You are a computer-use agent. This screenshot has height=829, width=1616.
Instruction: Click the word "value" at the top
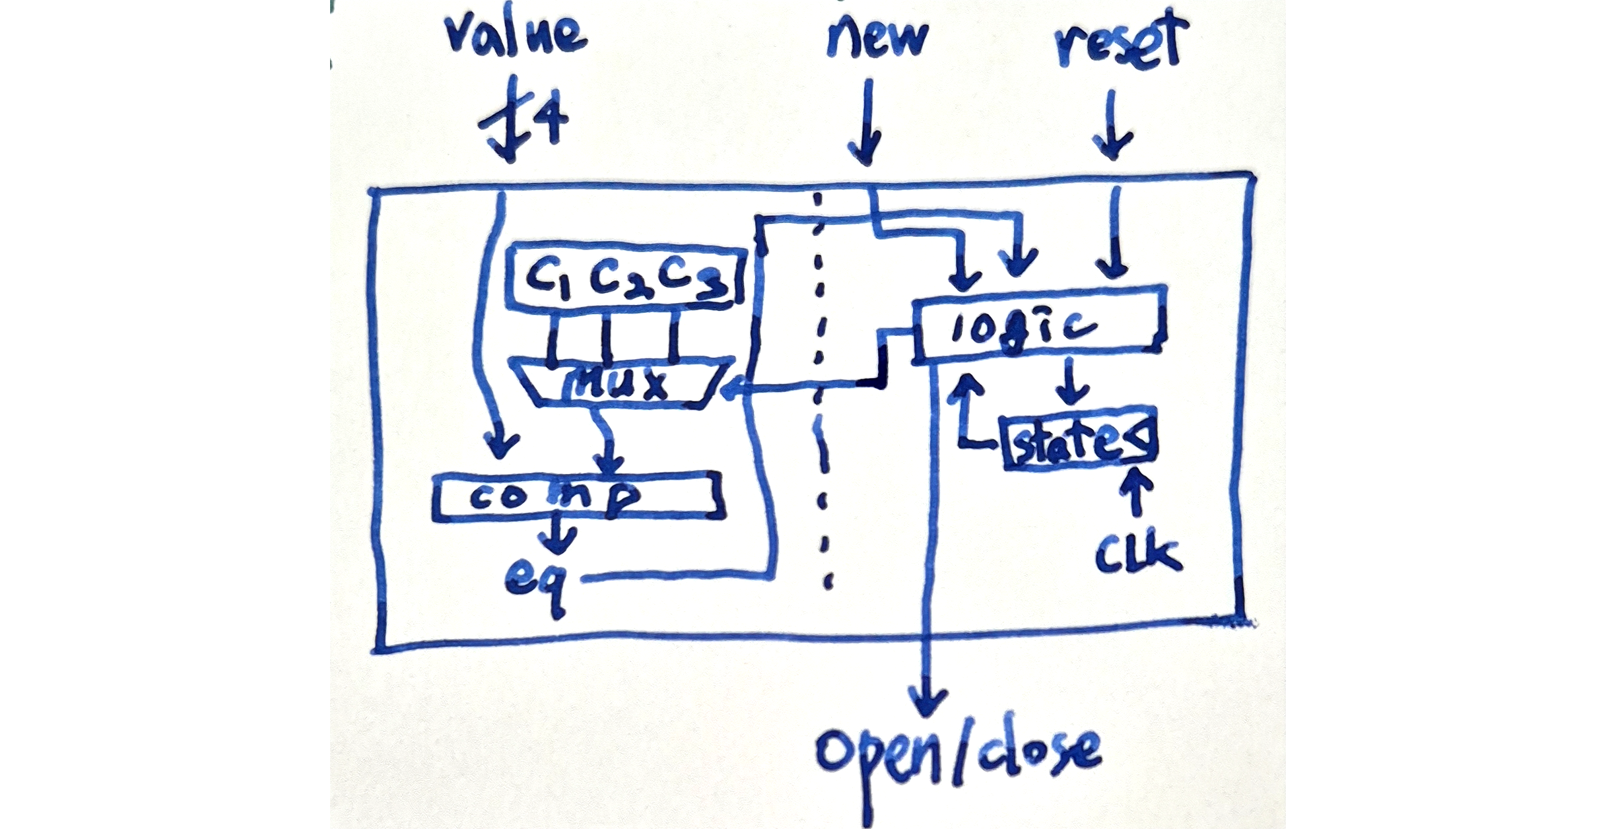516,34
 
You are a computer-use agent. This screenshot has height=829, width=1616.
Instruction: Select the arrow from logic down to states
1071,383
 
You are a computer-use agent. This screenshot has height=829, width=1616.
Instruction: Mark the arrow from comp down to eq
556,535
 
